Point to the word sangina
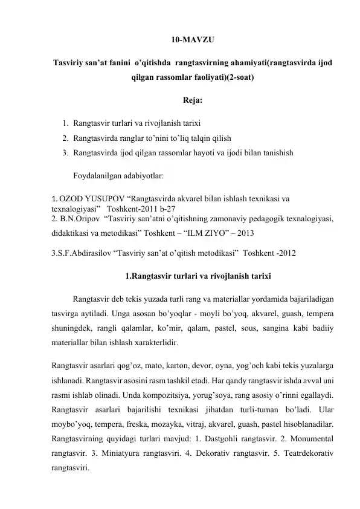(277, 328)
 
